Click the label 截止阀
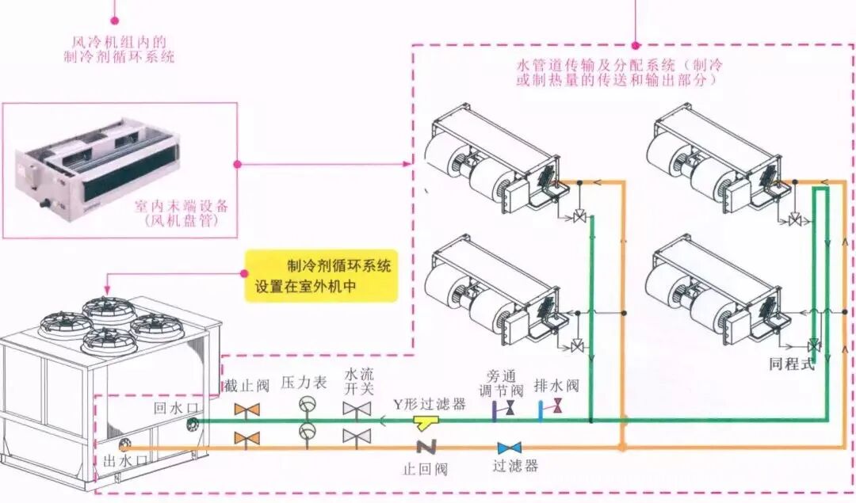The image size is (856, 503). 246,386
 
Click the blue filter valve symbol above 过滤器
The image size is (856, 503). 509,448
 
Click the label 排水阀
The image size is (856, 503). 556,386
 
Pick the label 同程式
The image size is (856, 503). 792,365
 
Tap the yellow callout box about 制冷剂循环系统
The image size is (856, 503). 320,276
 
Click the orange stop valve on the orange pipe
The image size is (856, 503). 247,437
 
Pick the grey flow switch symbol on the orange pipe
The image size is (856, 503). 357,436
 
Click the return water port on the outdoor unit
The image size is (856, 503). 193,424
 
